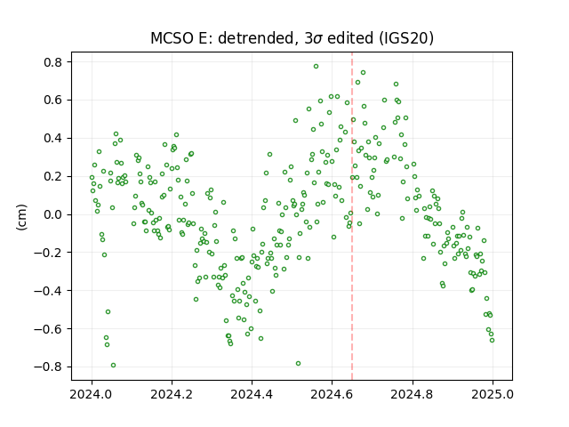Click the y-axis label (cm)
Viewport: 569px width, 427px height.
pos(21,217)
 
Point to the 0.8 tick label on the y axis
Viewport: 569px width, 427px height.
pos(53,62)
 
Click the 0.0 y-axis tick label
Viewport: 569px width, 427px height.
pos(53,214)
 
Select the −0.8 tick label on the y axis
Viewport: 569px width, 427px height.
pos(48,367)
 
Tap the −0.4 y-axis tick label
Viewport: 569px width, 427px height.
pos(48,291)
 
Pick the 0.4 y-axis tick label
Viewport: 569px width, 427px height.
pos(53,139)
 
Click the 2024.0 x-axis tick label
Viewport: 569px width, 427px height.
pos(92,394)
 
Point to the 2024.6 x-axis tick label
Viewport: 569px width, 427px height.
pos(332,394)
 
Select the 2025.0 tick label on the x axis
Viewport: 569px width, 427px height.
pos(493,394)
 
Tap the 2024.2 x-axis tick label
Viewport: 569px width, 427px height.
pos(172,394)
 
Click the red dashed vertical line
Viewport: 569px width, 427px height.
pos(352,216)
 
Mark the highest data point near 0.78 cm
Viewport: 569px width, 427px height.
pos(317,67)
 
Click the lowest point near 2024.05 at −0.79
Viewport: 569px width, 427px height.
pos(113,366)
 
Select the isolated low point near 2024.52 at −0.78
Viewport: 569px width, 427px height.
pos(299,364)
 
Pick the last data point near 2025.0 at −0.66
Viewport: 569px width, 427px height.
pos(492,340)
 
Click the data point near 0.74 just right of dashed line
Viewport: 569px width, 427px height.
pos(363,73)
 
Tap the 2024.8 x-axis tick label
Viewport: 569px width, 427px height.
pos(413,394)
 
